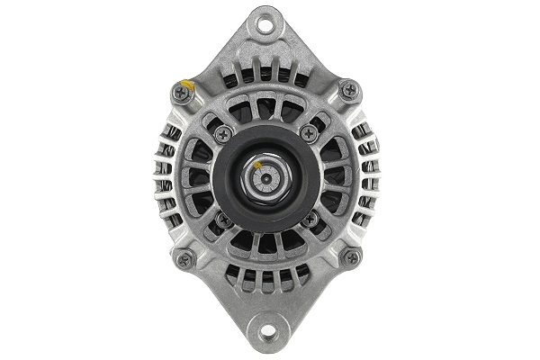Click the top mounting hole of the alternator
coord(266,23)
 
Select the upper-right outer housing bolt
coord(349,90)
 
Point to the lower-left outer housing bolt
coord(184,257)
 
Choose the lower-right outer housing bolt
coord(350,257)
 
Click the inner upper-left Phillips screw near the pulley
coord(223,133)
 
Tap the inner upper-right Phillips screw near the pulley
coord(309,133)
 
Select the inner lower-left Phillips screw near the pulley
coord(224,219)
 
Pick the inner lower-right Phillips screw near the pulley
coord(310,219)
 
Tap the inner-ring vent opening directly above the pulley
coord(266,110)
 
